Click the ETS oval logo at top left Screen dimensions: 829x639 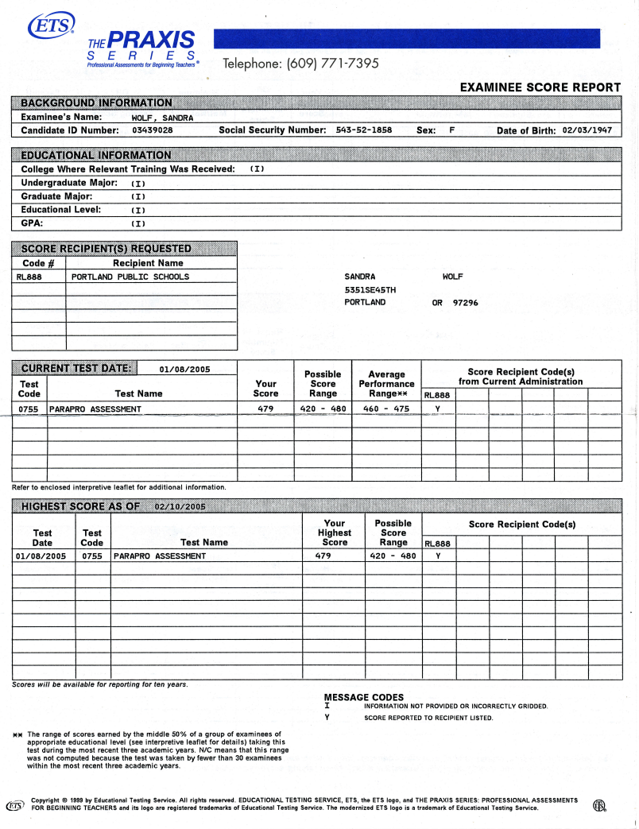50,26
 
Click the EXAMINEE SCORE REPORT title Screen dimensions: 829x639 540,87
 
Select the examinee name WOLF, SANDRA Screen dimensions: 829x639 162,118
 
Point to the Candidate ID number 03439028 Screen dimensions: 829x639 153,130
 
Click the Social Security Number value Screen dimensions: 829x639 364,130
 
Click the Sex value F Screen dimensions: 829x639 451,130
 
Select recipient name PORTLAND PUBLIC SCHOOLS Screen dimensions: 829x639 130,277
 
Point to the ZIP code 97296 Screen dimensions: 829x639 466,302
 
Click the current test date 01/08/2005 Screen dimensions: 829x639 184,369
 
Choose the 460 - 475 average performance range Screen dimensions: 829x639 386,409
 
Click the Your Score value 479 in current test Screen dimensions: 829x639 265,409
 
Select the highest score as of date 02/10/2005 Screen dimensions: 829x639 180,506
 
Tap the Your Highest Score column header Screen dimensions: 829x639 335,533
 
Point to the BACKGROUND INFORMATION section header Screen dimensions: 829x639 96,103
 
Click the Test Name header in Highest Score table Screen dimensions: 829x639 204,542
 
